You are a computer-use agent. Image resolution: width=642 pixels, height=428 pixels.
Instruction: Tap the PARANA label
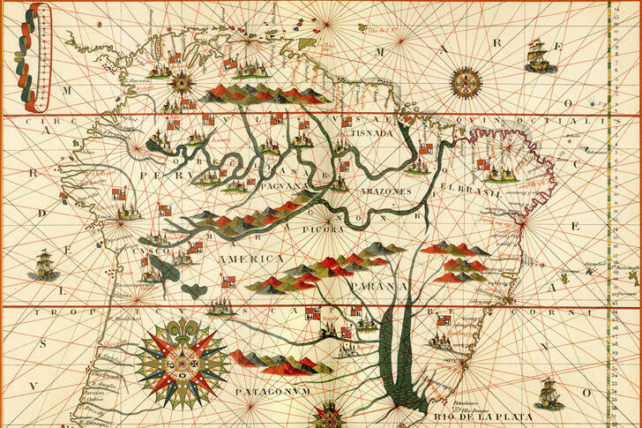point(377,287)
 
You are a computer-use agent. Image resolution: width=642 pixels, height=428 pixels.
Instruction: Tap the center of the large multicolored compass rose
point(182,363)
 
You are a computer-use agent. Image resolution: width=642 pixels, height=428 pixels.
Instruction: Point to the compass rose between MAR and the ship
point(466,84)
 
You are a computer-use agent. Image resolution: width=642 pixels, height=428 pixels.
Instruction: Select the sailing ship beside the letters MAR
point(536,56)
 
